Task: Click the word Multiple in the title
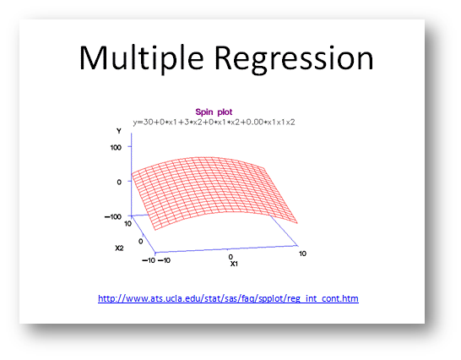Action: [x=141, y=58]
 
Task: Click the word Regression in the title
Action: [x=294, y=58]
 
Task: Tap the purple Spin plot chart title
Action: [x=214, y=112]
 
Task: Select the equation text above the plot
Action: [x=214, y=123]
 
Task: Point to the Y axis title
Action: [x=119, y=131]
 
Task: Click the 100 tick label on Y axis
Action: [x=116, y=148]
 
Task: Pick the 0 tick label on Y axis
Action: [x=119, y=183]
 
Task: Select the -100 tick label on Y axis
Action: [x=113, y=217]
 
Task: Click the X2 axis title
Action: [x=119, y=248]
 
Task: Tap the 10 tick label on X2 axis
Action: [x=127, y=224]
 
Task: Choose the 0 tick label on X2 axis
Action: [x=140, y=242]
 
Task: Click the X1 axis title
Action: [x=234, y=264]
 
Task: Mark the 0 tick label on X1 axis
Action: [x=230, y=257]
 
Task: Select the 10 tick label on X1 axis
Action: [x=302, y=254]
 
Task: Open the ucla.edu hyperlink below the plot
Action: [x=228, y=298]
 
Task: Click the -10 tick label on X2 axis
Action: [x=149, y=260]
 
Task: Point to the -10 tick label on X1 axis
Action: [x=164, y=260]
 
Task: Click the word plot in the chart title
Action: [x=225, y=112]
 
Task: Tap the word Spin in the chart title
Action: [x=204, y=112]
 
